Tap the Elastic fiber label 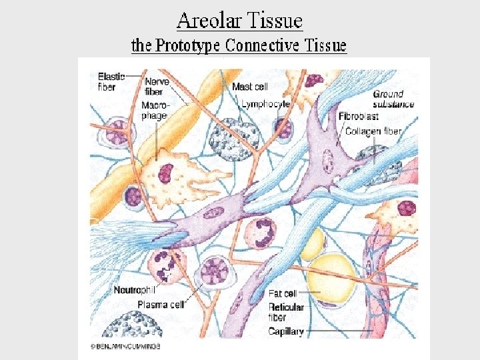(x=110, y=81)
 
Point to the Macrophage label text (x=155, y=111)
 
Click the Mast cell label (x=251, y=87)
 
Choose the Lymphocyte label (x=265, y=105)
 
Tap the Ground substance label (x=393, y=99)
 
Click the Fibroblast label (x=359, y=117)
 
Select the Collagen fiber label (x=373, y=131)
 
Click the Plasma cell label (x=161, y=304)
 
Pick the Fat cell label (x=283, y=293)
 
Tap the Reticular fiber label (x=286, y=312)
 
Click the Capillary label (x=286, y=331)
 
